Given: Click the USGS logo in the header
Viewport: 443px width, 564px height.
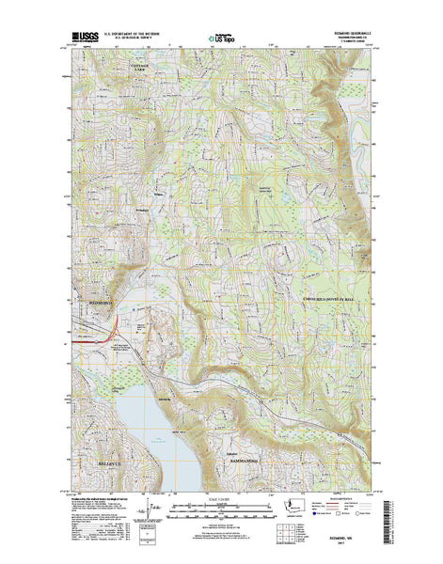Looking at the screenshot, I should click(82, 41).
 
